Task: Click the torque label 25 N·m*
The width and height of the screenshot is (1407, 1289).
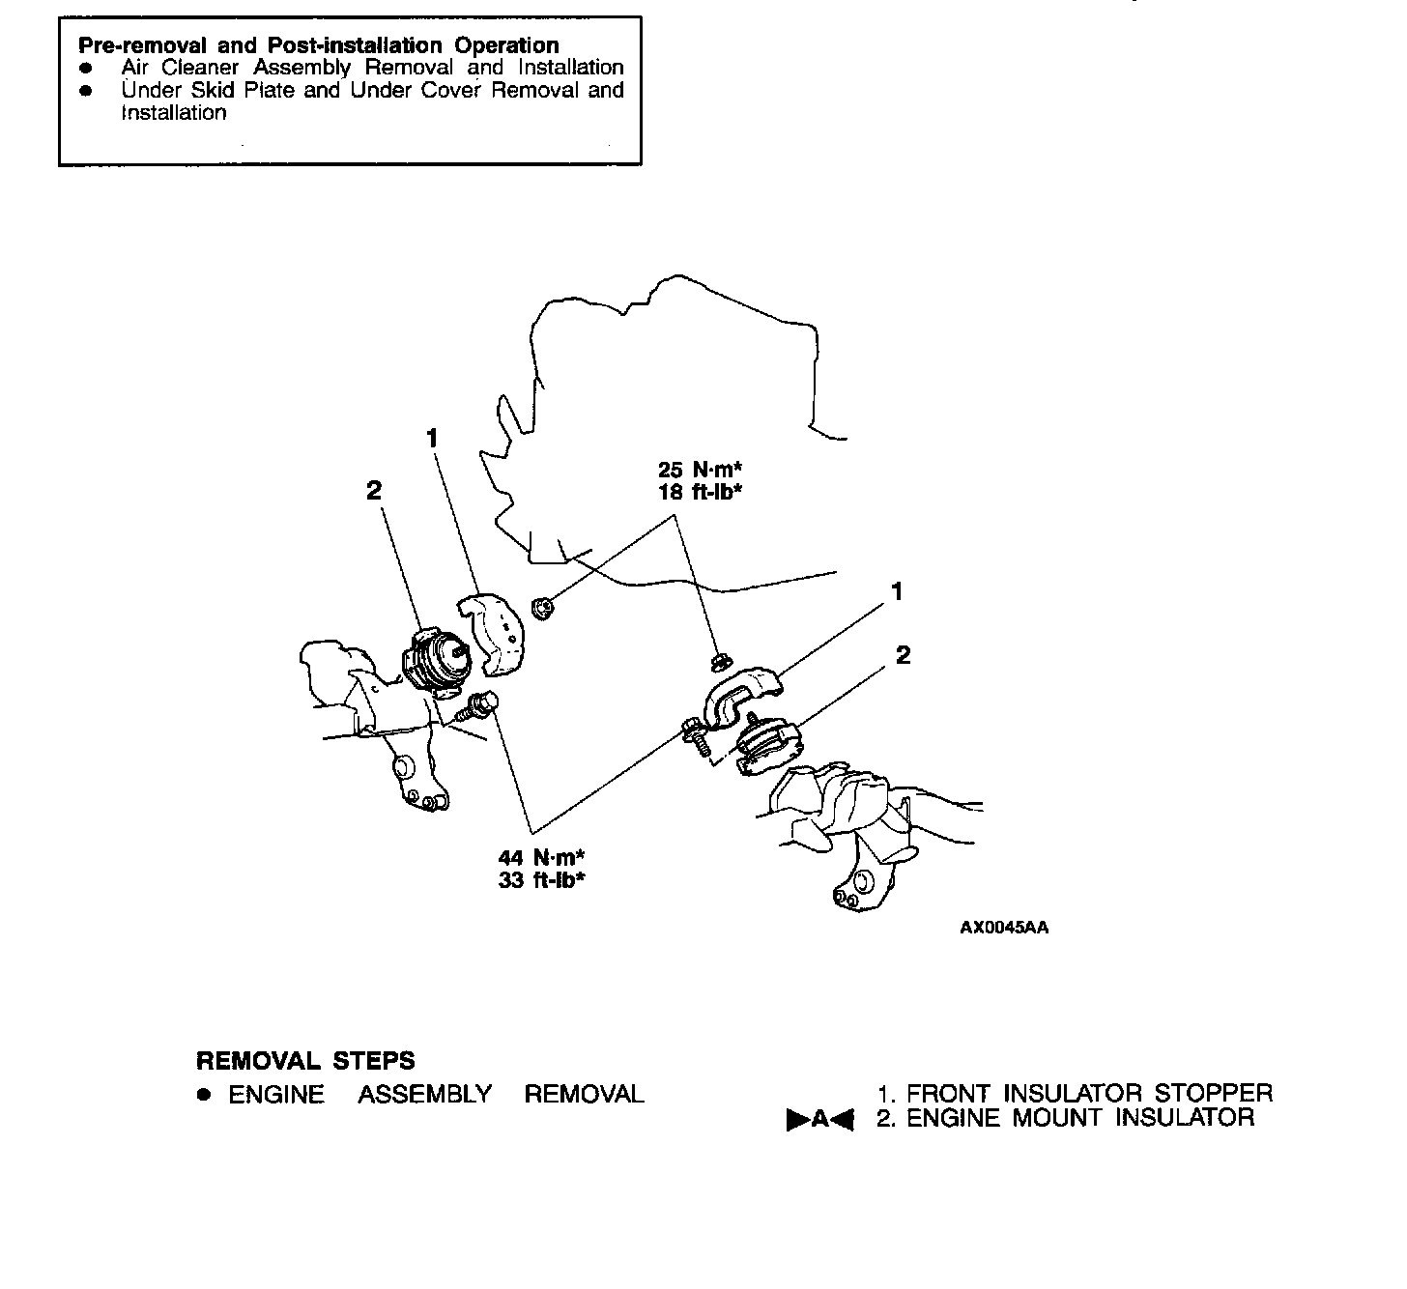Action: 700,469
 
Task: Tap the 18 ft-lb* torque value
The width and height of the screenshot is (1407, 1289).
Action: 700,492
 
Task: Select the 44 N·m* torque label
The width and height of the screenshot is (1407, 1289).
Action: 541,857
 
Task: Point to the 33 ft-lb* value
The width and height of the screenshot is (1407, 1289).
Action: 541,879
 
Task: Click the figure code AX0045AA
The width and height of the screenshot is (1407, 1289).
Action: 1004,927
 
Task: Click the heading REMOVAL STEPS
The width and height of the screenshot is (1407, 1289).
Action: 305,1060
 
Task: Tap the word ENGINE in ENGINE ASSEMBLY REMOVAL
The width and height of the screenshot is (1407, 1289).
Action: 276,1094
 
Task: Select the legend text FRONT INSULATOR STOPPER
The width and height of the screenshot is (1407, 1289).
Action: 1089,1093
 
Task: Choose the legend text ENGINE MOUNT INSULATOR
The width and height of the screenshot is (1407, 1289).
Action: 1080,1117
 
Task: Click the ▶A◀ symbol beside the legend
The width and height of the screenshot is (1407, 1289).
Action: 819,1119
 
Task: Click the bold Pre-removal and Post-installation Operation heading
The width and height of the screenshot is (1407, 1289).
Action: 319,44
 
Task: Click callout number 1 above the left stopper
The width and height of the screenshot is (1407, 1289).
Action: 432,438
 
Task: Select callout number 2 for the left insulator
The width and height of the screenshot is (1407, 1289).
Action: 374,490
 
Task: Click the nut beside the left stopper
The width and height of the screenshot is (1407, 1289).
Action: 541,608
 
